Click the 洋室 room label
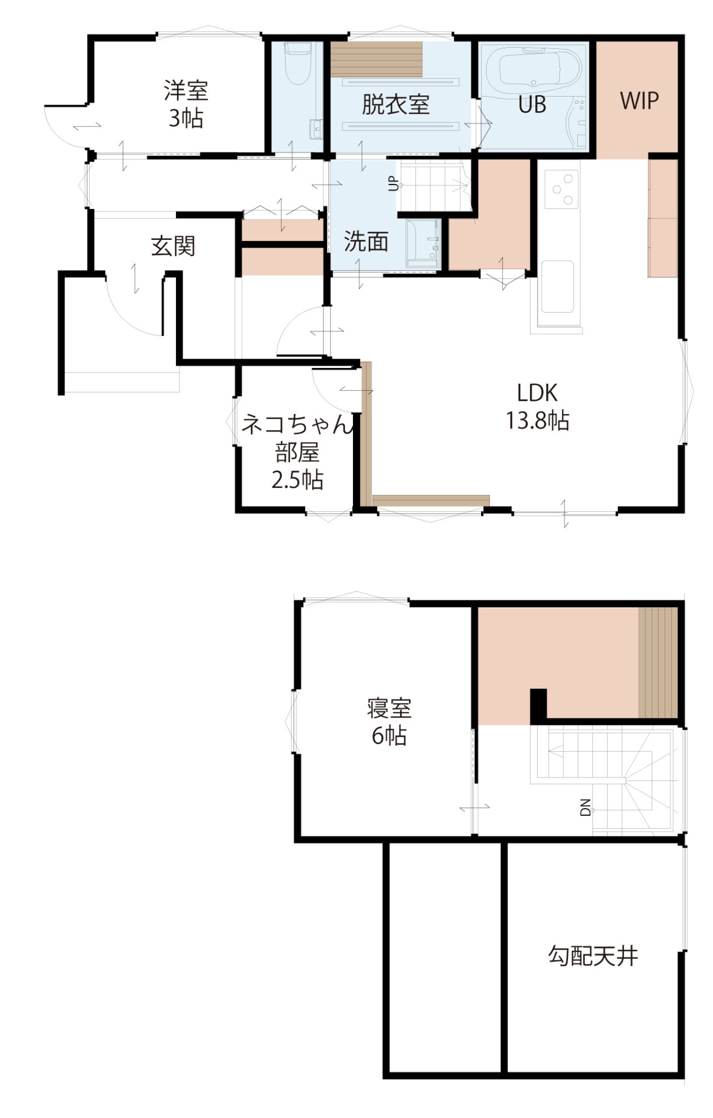point(186,91)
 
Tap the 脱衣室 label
point(396,104)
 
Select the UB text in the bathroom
point(532,104)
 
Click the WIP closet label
point(639,101)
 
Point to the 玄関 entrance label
point(173,246)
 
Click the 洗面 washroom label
point(366,241)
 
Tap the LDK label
point(537,393)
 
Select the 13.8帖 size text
point(537,420)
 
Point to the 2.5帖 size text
point(298,480)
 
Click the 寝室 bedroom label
point(389,709)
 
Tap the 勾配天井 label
point(593,956)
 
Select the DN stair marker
point(585,807)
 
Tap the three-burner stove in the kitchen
point(562,189)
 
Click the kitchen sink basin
point(557,286)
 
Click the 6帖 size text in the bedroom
point(389,736)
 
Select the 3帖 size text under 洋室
point(186,118)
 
